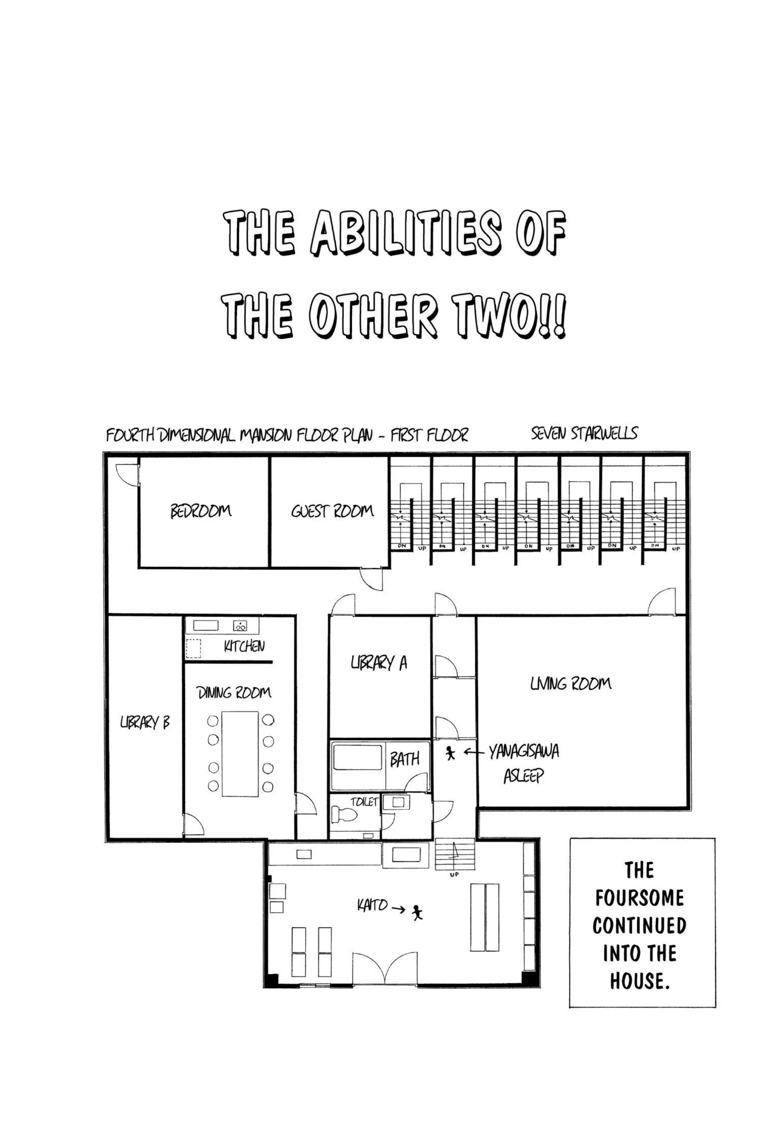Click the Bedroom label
click(201, 511)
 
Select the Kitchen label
click(244, 646)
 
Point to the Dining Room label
click(234, 692)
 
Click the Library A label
click(379, 663)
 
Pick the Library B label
click(145, 723)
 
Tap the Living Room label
click(571, 684)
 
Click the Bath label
click(405, 759)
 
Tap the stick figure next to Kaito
click(417, 912)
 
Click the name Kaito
click(372, 906)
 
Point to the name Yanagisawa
click(524, 752)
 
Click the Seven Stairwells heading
click(584, 433)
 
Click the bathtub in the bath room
click(358, 758)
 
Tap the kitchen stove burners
click(240, 626)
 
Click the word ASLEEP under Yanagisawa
click(523, 776)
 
